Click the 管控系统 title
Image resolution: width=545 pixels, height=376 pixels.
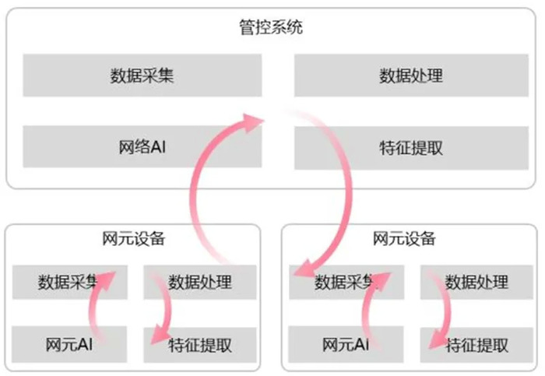pyautogui.click(x=271, y=27)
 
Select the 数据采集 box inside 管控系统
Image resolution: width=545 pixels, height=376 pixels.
pyautogui.click(x=142, y=75)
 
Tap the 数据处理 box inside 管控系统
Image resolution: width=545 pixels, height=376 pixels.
pyautogui.click(x=411, y=75)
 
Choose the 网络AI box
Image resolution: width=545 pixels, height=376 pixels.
pyautogui.click(x=142, y=146)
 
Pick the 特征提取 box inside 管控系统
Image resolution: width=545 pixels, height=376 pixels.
pyautogui.click(x=411, y=148)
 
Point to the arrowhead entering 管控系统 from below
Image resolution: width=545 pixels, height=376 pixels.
pyautogui.click(x=252, y=122)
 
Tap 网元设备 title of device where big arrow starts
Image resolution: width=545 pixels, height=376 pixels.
pyautogui.click(x=133, y=239)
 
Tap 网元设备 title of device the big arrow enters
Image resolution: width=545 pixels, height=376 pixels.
pyautogui.click(x=404, y=239)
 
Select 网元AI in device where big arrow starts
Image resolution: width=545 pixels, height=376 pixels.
pyautogui.click(x=69, y=344)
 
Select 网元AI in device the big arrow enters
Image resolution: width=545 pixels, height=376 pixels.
pyautogui.click(x=346, y=344)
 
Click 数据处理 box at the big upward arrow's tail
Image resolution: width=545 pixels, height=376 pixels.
pyautogui.click(x=200, y=282)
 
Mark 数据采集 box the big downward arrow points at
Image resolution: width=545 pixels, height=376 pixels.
pyautogui.click(x=346, y=282)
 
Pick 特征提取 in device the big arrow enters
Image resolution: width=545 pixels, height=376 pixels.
pyautogui.click(x=476, y=345)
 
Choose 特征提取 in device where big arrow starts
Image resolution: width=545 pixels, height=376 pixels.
pyautogui.click(x=200, y=345)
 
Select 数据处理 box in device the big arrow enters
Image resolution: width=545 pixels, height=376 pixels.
pyautogui.click(x=476, y=282)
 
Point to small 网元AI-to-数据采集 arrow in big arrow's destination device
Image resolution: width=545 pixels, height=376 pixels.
pyautogui.click(x=367, y=306)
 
